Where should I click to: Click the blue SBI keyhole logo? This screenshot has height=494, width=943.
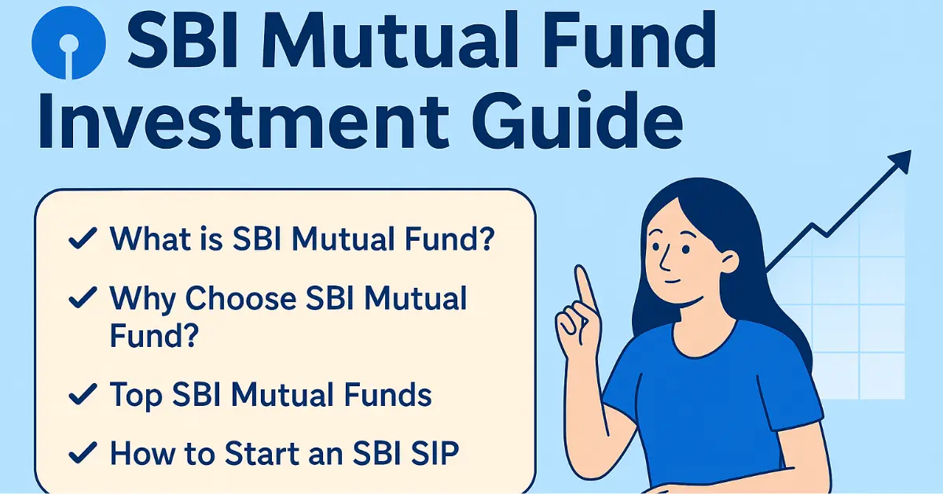point(68,43)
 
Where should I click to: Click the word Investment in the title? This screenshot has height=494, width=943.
point(244,121)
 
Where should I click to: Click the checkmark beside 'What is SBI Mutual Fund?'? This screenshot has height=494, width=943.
point(83,238)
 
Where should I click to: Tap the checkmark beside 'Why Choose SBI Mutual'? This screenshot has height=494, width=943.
point(83,297)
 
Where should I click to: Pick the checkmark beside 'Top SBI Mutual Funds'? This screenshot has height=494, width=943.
point(83,395)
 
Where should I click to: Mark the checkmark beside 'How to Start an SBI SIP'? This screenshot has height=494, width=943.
point(83,452)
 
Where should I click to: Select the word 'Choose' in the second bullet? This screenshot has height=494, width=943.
point(240,298)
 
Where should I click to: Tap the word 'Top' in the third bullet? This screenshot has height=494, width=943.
point(136,396)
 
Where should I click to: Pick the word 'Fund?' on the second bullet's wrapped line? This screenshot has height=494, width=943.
point(154,335)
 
